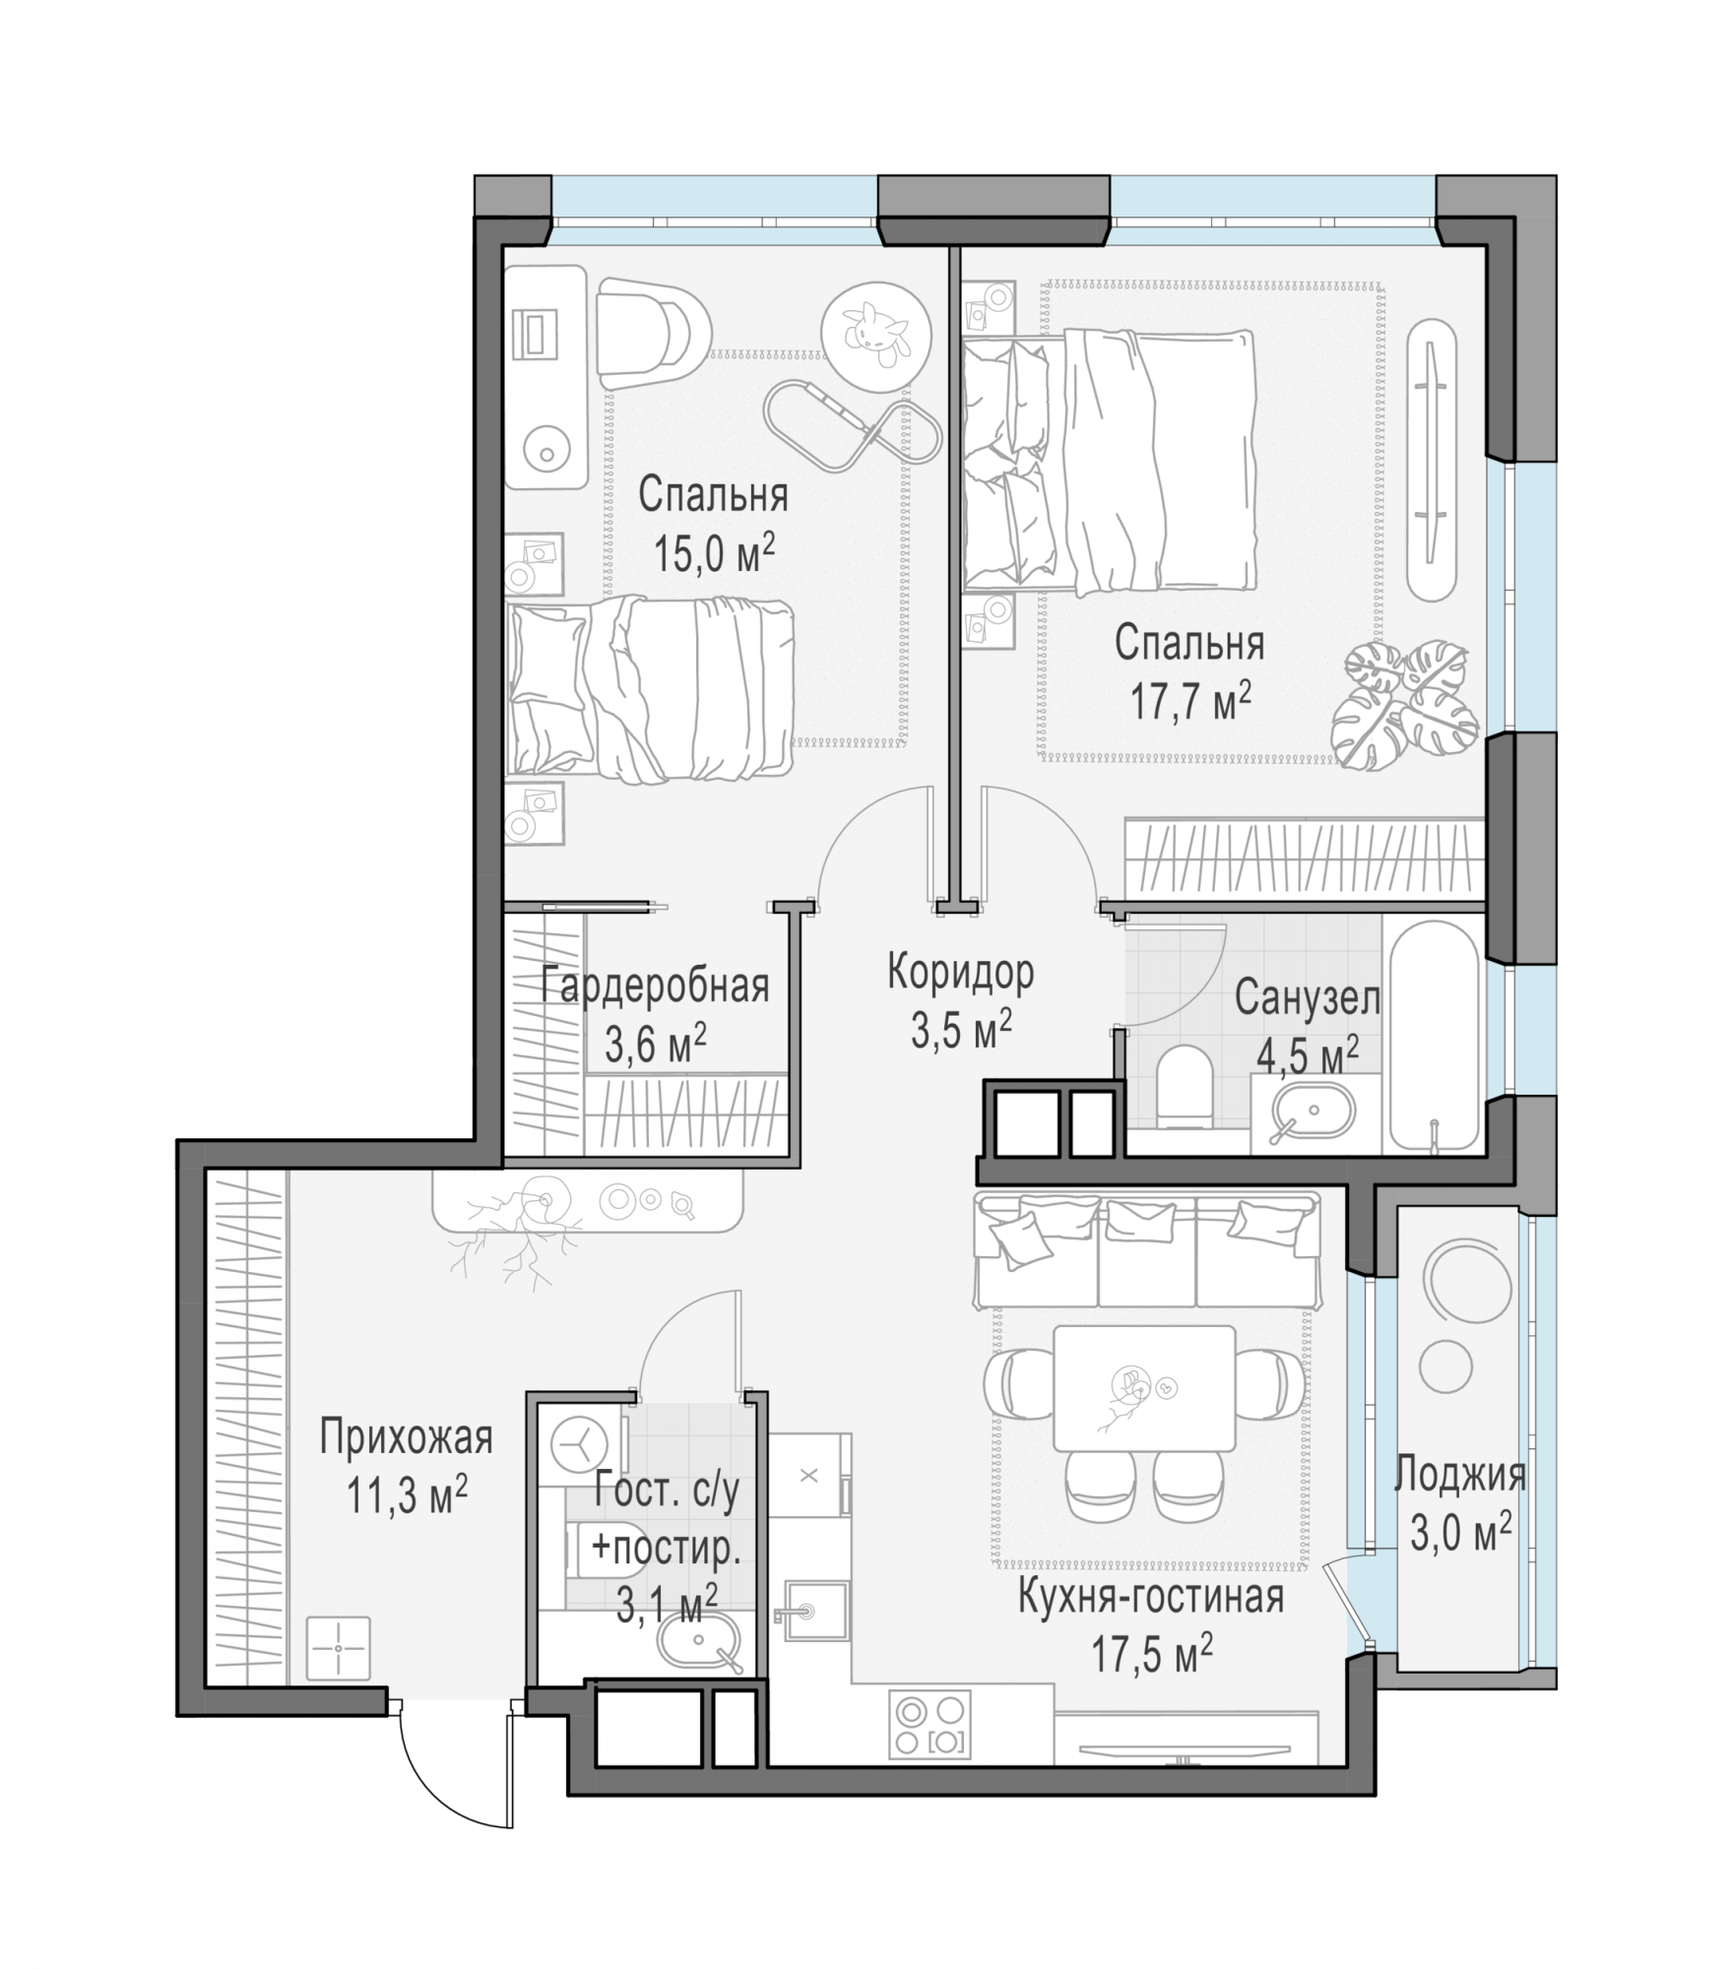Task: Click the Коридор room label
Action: point(960,973)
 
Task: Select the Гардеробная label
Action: point(655,985)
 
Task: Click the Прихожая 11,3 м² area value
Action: point(406,1498)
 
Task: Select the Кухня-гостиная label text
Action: point(1150,1597)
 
